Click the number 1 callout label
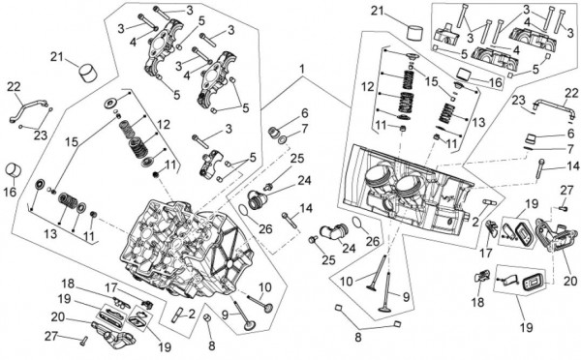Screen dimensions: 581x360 click(302, 69)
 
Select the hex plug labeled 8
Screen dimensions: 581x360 click(208, 317)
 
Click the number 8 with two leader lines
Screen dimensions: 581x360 click(357, 338)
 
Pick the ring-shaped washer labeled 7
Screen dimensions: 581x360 click(282, 140)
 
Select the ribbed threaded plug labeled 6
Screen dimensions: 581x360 click(275, 132)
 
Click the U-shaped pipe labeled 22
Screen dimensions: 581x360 click(552, 109)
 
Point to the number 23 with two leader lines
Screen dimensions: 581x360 click(41, 135)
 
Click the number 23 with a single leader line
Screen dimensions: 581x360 click(519, 101)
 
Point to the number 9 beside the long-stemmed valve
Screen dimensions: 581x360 click(406, 297)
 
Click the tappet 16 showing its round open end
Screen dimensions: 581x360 click(14, 170)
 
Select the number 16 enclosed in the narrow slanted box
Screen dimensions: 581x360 click(496, 82)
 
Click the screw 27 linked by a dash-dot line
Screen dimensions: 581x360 click(563, 208)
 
